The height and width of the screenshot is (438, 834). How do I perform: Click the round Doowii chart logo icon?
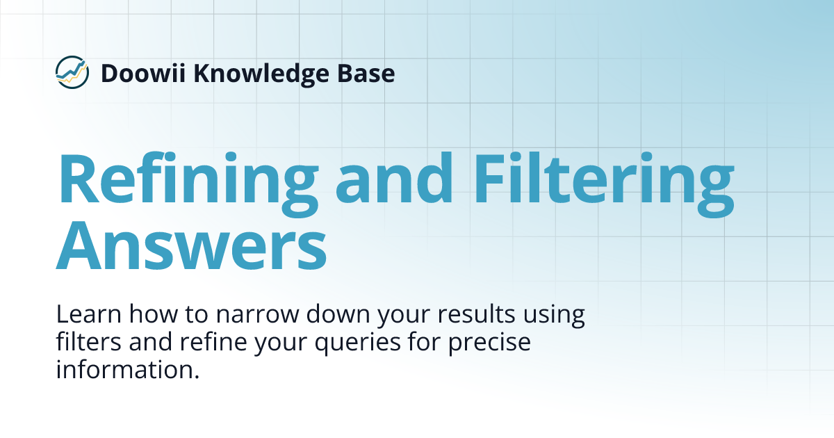click(x=72, y=72)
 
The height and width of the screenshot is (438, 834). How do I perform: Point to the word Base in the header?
click(x=369, y=72)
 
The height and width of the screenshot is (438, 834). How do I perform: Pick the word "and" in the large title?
click(x=394, y=179)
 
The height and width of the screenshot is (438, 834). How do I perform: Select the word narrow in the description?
click(x=249, y=315)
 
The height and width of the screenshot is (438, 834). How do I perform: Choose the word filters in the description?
click(x=85, y=342)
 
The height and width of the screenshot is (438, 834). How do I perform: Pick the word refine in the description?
click(x=186, y=342)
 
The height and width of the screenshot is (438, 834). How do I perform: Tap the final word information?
click(x=127, y=369)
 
